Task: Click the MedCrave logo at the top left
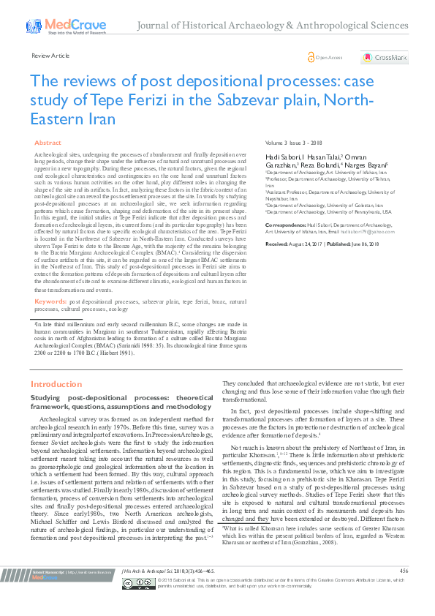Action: tap(55, 26)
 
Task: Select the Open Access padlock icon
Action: tap(311, 57)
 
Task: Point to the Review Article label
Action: tap(50, 56)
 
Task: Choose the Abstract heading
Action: tap(48, 143)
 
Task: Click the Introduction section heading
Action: tap(56, 383)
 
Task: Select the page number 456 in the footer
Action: tap(404, 590)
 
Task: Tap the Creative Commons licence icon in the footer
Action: tap(128, 604)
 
